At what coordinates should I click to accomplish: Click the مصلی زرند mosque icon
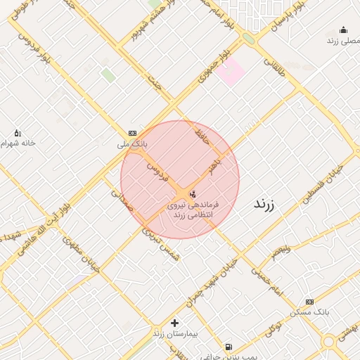343,30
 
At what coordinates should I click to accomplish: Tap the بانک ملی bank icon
133,133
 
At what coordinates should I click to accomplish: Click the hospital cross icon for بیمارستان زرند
174,323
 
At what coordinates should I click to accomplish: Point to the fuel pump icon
229,347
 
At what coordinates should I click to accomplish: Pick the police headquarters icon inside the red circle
193,193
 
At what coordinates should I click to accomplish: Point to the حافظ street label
202,136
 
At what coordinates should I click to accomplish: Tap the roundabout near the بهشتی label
328,342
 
